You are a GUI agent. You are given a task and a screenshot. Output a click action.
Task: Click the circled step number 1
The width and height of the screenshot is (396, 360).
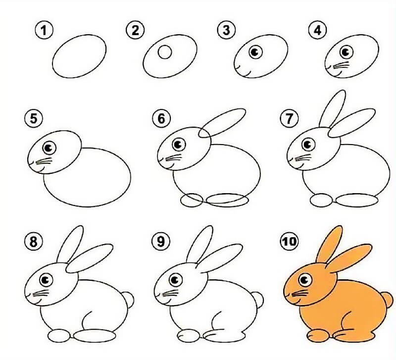tap(44, 30)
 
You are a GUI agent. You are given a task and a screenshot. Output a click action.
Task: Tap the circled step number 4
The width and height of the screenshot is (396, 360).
tap(317, 30)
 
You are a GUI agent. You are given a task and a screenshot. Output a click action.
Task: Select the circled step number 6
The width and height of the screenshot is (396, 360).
tap(162, 118)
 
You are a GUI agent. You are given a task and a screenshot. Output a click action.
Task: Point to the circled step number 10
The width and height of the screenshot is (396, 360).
tap(290, 241)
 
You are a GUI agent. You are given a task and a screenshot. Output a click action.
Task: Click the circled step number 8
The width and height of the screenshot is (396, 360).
tap(34, 241)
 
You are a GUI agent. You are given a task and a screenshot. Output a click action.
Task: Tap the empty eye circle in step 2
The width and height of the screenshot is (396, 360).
tap(165, 52)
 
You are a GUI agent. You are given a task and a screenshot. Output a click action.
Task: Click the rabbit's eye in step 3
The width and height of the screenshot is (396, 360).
tap(255, 52)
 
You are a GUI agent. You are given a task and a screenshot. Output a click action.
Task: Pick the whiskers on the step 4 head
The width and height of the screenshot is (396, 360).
tap(341, 66)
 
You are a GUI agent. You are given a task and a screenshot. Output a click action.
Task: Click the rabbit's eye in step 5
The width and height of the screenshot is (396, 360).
tap(49, 148)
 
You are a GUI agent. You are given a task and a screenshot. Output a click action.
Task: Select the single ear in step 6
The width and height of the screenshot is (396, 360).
tap(222, 123)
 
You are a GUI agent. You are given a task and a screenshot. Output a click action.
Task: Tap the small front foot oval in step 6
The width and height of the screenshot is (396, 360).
tap(192, 201)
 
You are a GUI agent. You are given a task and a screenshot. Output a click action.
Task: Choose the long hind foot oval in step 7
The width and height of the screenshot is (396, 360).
tap(357, 201)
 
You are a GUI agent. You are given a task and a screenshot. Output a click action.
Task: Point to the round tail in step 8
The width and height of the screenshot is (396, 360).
tap(129, 300)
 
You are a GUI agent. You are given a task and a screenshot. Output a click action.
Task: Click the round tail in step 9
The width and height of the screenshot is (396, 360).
tap(258, 300)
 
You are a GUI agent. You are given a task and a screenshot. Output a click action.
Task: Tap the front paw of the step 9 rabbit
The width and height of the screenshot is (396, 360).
tap(189, 336)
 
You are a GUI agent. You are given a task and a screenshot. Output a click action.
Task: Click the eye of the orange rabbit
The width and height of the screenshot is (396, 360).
tap(305, 280)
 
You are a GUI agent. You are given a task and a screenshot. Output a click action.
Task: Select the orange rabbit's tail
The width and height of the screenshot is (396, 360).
tap(388, 300)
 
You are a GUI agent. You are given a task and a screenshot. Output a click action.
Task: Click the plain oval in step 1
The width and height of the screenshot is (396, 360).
tap(79, 56)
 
